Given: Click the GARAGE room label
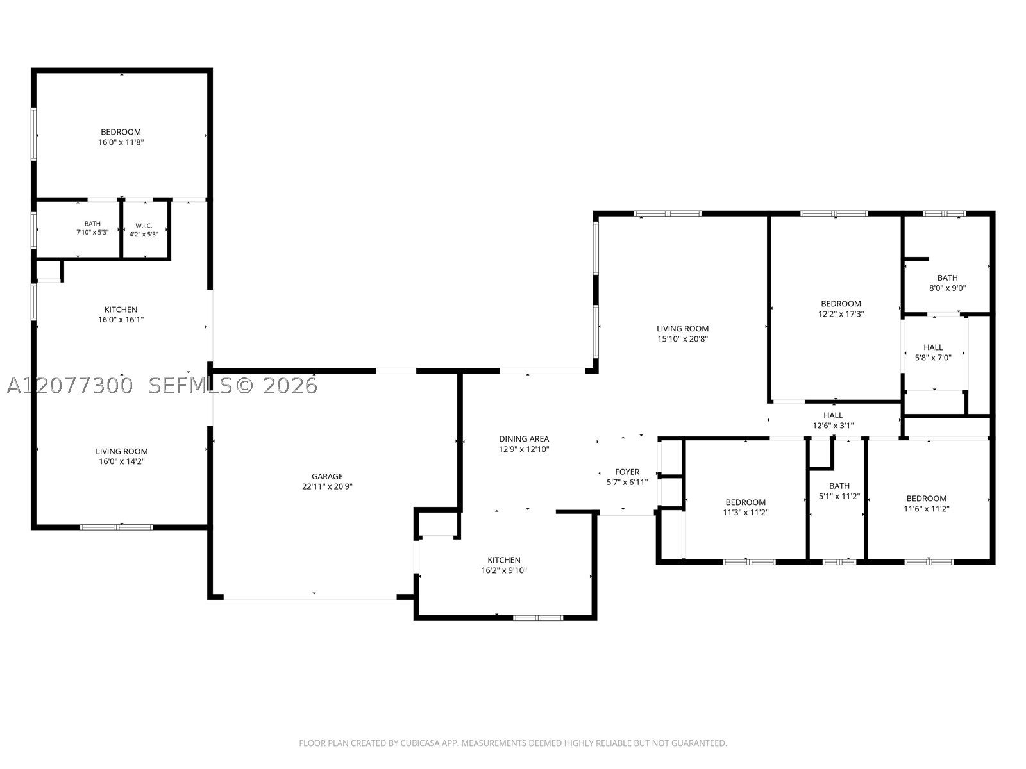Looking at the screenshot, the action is pos(327,476).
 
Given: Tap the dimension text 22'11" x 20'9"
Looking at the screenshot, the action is pos(327,486).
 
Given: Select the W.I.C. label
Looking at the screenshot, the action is pos(144,226).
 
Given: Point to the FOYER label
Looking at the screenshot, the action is pos(627,472).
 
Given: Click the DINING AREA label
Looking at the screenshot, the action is pos(524,439).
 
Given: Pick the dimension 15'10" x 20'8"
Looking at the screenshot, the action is pos(683,339).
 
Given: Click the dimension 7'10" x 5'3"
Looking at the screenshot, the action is pos(92,232).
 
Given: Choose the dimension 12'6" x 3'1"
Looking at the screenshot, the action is pos(834,426).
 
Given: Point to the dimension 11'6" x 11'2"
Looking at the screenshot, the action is pos(927,509).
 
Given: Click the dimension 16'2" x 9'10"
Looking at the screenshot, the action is pos(504,570).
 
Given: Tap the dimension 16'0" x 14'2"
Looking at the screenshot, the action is pos(122,462).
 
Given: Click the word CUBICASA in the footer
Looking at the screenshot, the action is pos(420,743).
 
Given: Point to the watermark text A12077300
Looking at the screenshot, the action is pos(70,386).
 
